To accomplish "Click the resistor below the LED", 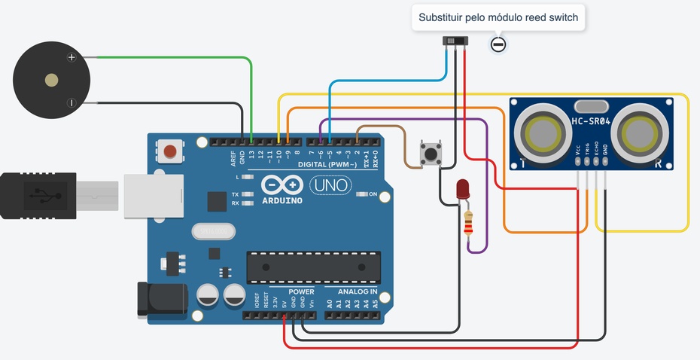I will click(470, 222).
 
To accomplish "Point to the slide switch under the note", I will click(455, 41).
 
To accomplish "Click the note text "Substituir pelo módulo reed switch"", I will click(498, 17).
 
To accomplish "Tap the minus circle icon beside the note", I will click(498, 44).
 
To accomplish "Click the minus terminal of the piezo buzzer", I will click(72, 102).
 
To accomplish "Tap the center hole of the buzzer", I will click(51, 80).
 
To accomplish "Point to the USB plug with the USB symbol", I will click(38, 196).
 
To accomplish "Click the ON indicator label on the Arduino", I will click(371, 194).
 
